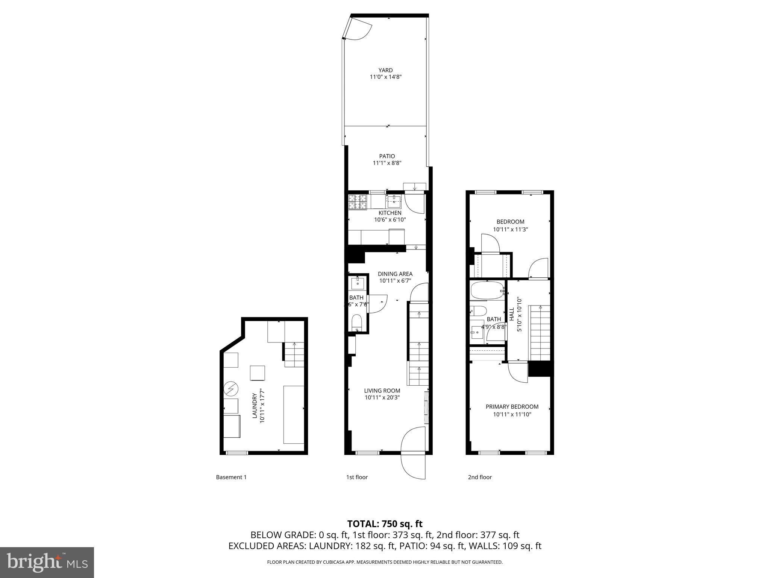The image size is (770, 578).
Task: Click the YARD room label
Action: [x=385, y=70]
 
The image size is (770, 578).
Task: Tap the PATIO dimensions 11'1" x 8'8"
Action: [x=387, y=163]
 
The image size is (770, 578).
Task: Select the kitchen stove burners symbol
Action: [x=357, y=202]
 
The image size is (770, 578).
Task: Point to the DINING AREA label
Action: [x=395, y=274]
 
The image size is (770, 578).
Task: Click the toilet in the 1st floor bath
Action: [x=356, y=323]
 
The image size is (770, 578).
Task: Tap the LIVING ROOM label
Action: [x=382, y=391]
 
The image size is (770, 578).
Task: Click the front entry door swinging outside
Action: [x=414, y=466]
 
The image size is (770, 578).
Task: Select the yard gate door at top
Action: [x=358, y=29]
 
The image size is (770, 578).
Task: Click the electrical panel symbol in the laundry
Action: [x=231, y=389]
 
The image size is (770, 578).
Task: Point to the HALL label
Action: [x=512, y=314]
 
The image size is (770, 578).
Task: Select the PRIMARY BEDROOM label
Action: [x=512, y=407]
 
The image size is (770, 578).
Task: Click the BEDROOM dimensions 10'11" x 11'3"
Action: [x=510, y=229]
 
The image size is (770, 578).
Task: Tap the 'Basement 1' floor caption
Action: [x=231, y=477]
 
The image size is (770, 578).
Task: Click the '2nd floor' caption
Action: [x=480, y=477]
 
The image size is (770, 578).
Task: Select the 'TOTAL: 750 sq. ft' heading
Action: [x=385, y=524]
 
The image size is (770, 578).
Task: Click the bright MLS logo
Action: [x=47, y=562]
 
